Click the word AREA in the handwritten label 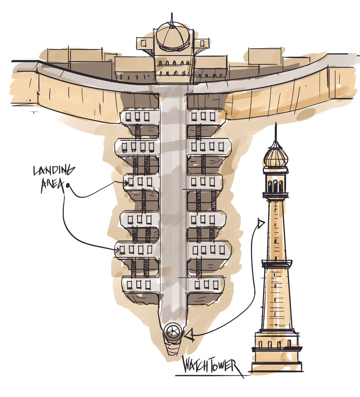click(51, 186)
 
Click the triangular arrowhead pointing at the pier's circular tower click(189, 334)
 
